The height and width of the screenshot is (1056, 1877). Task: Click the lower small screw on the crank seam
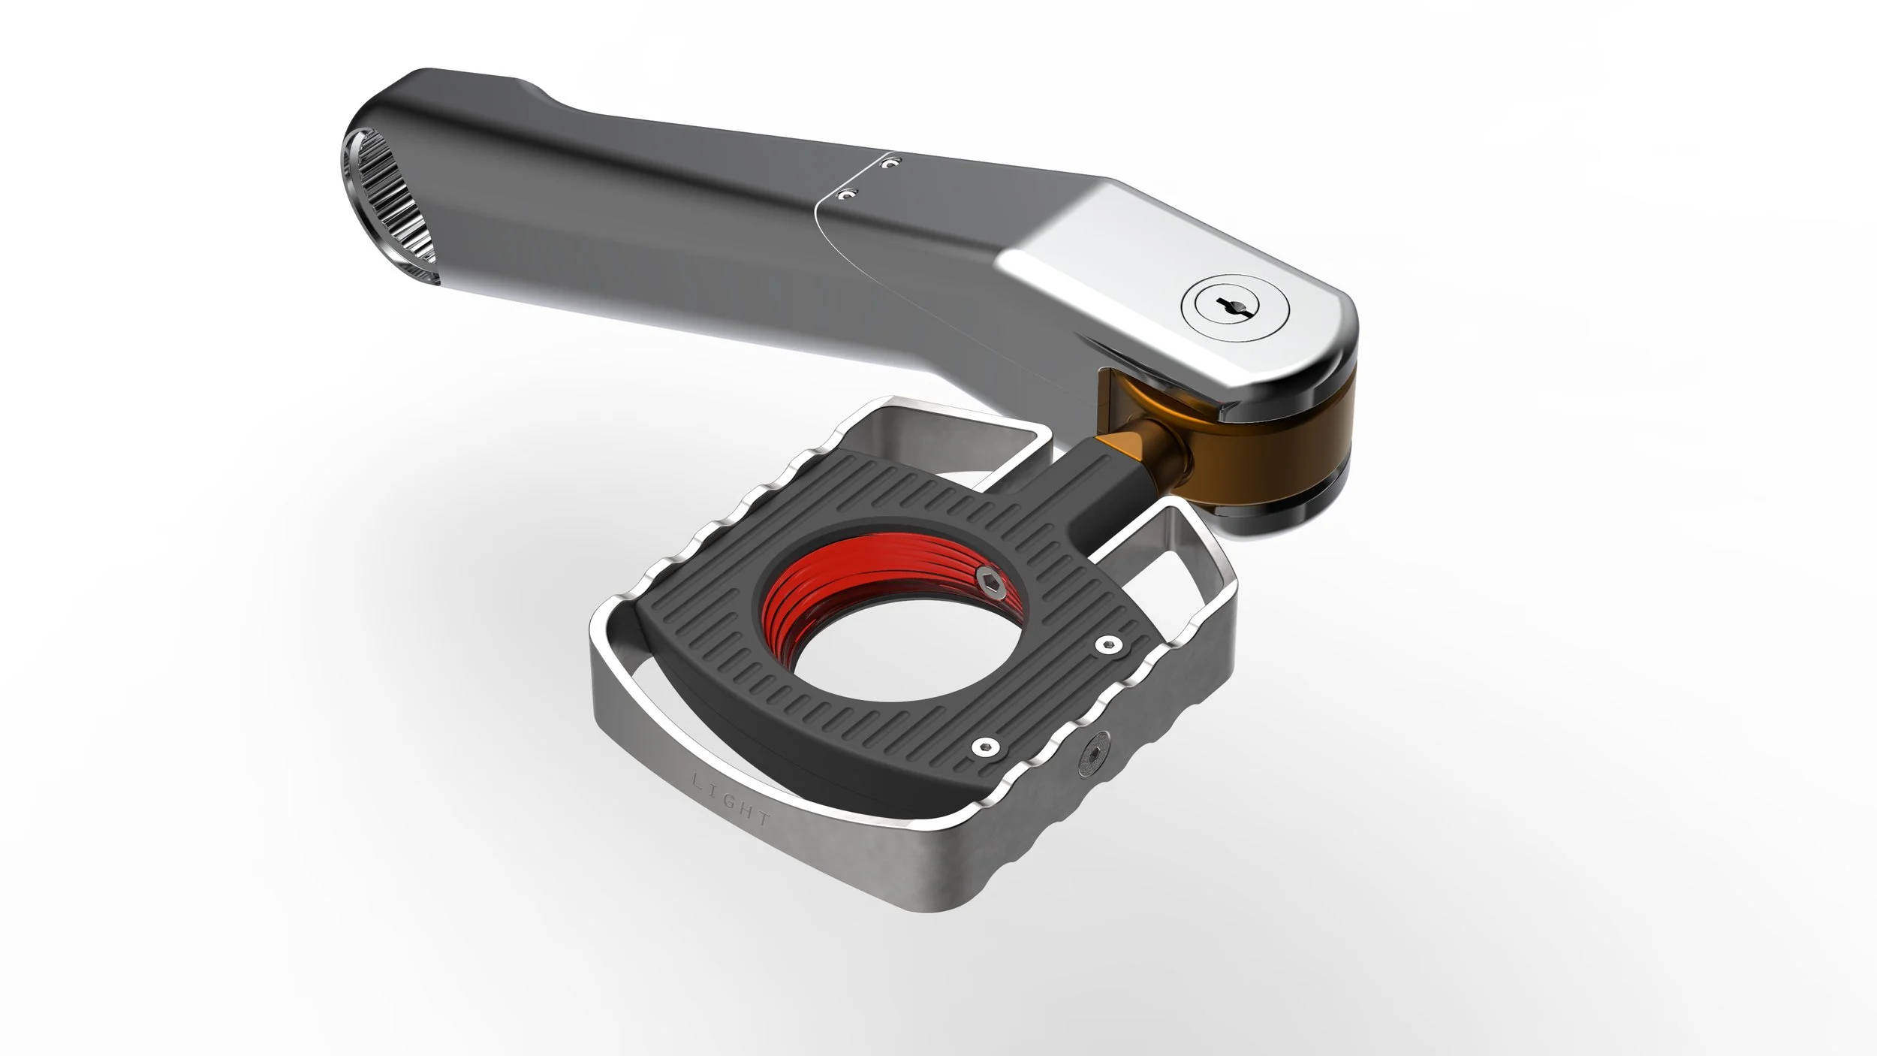(845, 195)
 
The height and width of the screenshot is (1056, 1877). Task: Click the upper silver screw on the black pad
(1105, 644)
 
